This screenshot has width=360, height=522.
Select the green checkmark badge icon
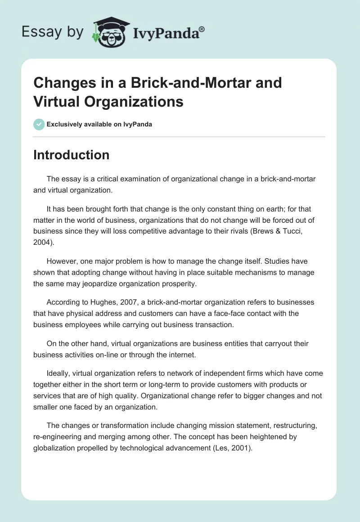[39, 125]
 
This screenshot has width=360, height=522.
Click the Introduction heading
[71, 155]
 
